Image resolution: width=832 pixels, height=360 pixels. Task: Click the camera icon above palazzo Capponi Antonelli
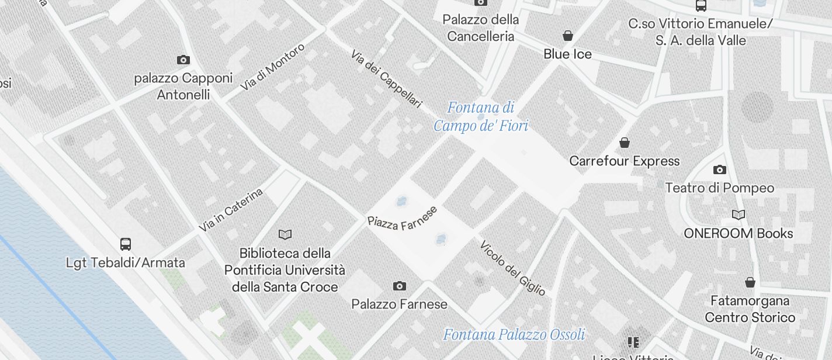click(x=183, y=60)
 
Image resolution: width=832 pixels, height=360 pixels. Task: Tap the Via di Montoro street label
click(x=273, y=67)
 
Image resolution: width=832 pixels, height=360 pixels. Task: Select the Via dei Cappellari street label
click(x=386, y=79)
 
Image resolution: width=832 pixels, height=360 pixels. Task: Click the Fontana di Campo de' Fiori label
click(x=481, y=116)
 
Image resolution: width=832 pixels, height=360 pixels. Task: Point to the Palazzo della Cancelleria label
click(x=480, y=28)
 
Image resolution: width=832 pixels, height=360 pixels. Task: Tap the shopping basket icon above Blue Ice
click(x=567, y=36)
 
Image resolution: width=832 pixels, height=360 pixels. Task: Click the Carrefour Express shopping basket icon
click(x=625, y=143)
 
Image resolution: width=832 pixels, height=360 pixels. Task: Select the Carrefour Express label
click(x=625, y=161)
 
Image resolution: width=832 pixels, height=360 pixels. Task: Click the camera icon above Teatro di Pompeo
click(x=720, y=169)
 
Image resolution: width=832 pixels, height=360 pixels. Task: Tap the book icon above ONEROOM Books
click(x=739, y=214)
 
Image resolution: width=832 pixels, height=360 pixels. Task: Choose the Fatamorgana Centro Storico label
click(x=750, y=309)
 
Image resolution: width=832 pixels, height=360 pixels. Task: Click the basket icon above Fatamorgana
click(x=750, y=283)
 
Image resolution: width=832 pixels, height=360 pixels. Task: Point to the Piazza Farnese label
click(x=402, y=218)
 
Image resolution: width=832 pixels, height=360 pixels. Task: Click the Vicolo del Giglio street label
click(x=512, y=268)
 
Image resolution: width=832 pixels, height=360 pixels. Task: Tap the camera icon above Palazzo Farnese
click(x=400, y=286)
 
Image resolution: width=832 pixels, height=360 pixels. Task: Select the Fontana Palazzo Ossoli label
click(x=514, y=335)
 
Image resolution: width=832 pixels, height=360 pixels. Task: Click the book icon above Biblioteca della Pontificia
click(x=285, y=234)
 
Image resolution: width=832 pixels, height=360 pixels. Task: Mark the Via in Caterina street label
click(x=231, y=209)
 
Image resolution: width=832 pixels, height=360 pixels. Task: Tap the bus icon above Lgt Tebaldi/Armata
click(x=125, y=244)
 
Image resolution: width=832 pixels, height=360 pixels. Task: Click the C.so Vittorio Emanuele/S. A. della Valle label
click(x=701, y=32)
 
